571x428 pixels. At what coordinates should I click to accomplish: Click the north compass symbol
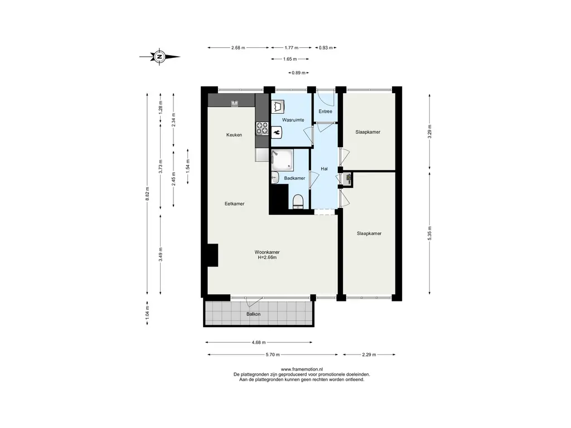coord(159,57)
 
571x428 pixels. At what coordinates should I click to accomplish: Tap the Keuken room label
coord(234,135)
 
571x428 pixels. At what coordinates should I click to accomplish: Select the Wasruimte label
coord(293,120)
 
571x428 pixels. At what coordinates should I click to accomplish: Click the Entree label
coord(325,111)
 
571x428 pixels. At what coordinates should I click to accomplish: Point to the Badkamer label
coord(294,178)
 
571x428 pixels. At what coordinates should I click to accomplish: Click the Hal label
coord(324,169)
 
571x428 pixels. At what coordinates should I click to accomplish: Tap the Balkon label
coord(254,314)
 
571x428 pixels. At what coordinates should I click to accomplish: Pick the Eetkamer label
coord(235,204)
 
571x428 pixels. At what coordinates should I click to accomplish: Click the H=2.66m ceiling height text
coord(267,257)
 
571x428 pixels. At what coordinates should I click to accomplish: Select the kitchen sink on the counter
coord(234,104)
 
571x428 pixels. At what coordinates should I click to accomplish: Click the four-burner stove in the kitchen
coord(262,128)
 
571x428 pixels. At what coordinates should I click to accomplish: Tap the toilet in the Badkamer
coord(298,202)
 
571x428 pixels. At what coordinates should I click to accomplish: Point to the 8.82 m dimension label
coord(147,193)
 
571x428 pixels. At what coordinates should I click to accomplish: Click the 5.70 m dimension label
coord(273,354)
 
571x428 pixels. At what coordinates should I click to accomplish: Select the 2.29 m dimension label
coord(369,354)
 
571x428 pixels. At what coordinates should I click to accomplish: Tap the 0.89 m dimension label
coord(299,73)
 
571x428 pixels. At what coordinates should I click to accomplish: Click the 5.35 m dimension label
coord(430,233)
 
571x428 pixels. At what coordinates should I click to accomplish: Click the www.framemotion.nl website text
coord(302,369)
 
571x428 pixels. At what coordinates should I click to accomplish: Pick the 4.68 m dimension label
coord(259,343)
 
